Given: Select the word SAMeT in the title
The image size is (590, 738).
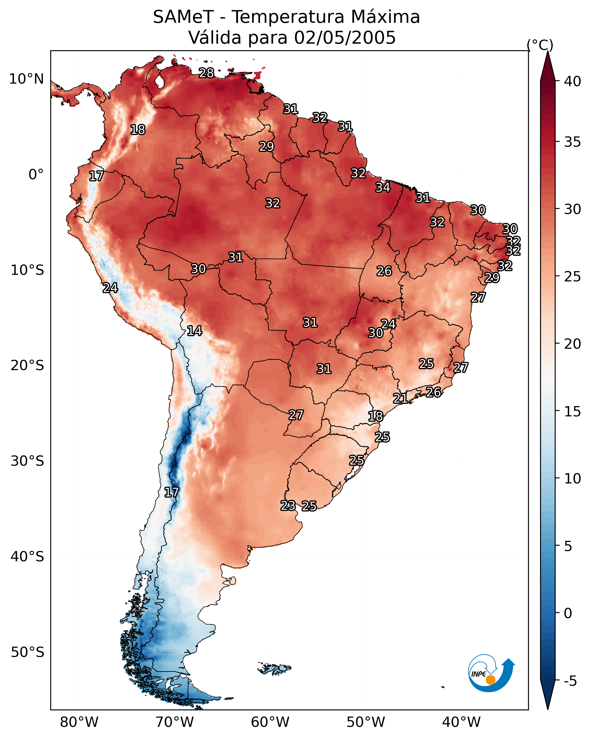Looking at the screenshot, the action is [183, 17].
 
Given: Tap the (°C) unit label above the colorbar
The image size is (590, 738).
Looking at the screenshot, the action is [540, 45].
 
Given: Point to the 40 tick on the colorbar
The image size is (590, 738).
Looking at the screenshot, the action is [573, 81].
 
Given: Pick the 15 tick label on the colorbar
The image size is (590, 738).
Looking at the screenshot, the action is [573, 412].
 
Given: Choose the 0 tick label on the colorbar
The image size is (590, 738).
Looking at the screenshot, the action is [568, 613].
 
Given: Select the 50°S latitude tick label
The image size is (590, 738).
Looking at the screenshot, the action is [27, 652].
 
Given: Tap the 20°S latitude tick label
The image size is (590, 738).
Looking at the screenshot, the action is [27, 366].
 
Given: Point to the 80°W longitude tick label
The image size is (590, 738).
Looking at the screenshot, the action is [79, 722].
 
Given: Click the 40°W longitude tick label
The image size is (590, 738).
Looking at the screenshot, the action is [461, 722].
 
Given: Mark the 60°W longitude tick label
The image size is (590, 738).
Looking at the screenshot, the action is [270, 722].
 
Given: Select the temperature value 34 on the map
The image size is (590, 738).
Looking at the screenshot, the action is [383, 187].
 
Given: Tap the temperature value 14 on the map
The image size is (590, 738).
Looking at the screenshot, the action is [194, 331].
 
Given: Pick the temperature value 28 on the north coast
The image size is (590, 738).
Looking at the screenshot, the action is [206, 73].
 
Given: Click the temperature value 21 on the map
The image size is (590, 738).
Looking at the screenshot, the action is [400, 398].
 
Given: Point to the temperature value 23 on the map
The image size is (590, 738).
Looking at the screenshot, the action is [288, 506].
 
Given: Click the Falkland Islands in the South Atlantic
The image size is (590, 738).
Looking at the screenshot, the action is [274, 668].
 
